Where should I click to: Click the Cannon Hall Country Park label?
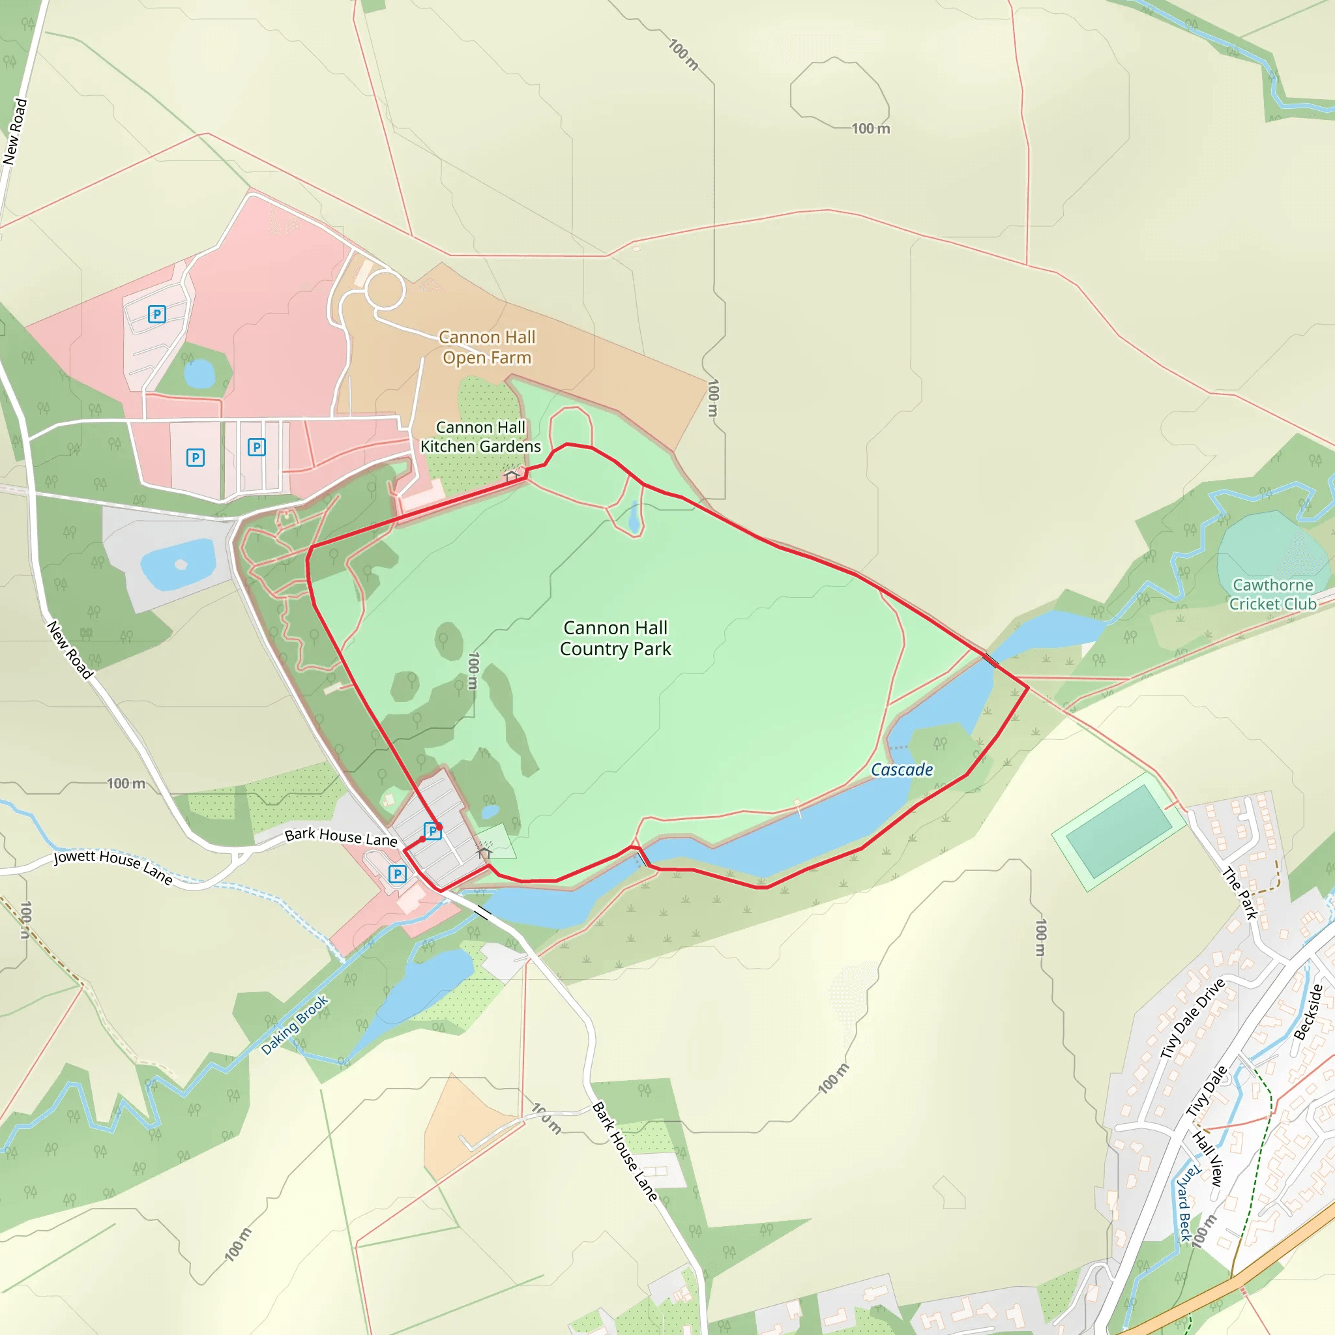coord(615,638)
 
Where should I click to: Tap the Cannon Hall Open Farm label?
coord(487,347)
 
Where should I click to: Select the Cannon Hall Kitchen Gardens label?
coord(480,437)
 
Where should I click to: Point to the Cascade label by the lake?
coord(902,770)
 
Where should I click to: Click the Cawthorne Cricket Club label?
coord(1272,594)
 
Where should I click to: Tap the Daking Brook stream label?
coord(295,1025)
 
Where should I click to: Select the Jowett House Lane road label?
coord(113,866)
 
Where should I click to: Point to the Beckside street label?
coord(1308,1012)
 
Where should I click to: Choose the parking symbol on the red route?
coord(432,830)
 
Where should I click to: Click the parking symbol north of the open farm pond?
coord(158,314)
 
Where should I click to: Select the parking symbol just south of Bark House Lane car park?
coord(398,874)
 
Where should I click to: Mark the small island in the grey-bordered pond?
coord(181,565)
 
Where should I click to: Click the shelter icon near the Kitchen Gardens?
coord(511,475)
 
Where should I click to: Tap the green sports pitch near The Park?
coord(1118,831)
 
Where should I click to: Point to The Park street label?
coord(1240,893)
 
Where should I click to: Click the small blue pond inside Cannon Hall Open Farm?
coord(199,374)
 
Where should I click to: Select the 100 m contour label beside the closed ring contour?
coord(871,128)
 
